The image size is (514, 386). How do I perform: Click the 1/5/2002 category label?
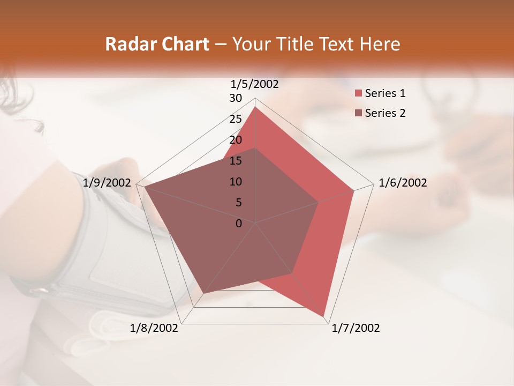click(x=255, y=84)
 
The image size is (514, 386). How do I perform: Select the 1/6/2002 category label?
click(x=403, y=183)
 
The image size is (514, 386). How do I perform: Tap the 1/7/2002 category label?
click(x=356, y=328)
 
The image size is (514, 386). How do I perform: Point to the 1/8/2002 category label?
click(x=154, y=328)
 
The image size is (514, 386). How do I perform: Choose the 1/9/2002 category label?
click(x=107, y=183)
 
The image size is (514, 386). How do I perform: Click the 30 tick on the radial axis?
click(x=236, y=98)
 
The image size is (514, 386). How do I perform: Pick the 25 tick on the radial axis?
click(x=236, y=119)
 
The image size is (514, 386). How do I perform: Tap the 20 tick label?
click(x=236, y=140)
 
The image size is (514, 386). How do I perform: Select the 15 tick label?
click(x=236, y=161)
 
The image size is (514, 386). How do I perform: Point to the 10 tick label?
click(x=236, y=182)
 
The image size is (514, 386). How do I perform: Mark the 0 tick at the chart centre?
click(x=239, y=224)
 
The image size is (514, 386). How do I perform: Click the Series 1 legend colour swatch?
click(x=358, y=94)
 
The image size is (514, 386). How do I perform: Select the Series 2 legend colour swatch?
click(x=358, y=113)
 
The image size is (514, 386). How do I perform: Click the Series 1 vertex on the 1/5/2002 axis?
click(x=255, y=107)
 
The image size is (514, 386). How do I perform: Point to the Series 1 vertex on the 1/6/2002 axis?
click(x=354, y=190)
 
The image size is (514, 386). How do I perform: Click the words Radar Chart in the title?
click(x=157, y=44)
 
